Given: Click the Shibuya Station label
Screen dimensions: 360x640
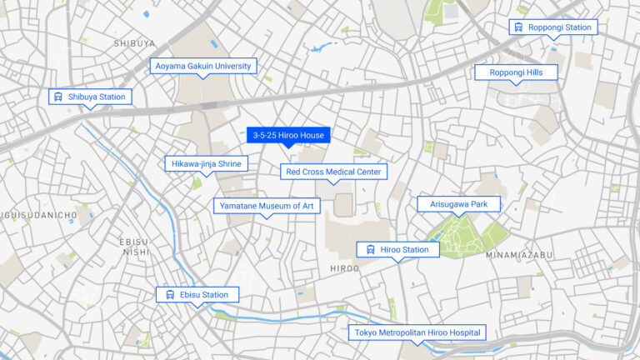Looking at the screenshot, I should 90,97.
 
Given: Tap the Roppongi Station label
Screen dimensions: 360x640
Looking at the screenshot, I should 553,27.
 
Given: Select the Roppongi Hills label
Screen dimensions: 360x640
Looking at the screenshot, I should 516,72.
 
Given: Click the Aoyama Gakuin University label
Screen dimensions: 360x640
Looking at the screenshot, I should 203,66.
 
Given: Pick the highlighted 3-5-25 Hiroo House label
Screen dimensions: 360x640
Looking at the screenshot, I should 288,135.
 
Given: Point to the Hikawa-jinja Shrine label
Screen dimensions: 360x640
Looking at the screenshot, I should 205,164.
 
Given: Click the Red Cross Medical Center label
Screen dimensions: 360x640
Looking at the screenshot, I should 332,172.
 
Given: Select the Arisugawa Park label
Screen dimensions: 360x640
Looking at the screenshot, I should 458,203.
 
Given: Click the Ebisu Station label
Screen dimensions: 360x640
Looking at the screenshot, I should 197,294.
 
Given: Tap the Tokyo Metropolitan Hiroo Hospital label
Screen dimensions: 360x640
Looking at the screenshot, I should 417,332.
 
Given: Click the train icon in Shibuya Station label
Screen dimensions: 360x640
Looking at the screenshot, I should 58,97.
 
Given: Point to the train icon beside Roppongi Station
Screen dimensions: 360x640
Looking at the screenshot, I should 519,27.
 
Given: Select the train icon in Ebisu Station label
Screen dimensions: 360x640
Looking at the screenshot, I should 169,294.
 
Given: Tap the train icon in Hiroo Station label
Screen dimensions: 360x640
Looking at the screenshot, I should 370,249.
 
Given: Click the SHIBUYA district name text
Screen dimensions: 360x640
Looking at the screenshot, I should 133,42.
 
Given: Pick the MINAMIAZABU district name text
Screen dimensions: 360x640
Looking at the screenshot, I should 519,255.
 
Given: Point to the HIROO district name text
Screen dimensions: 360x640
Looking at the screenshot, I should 344,268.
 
